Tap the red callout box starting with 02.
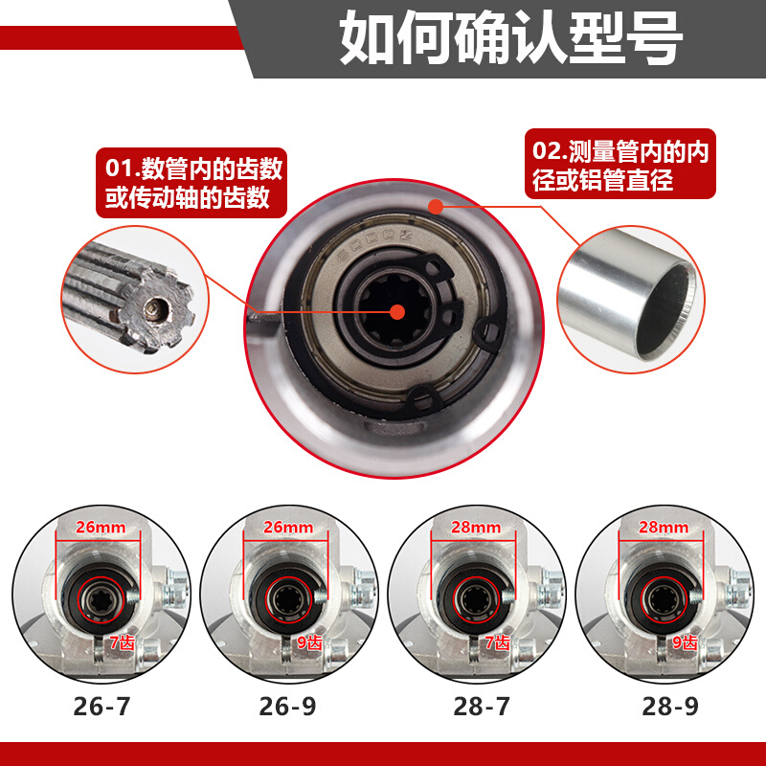(x=620, y=164)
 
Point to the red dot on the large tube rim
(x=436, y=206)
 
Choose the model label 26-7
(x=101, y=707)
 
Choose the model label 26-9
(x=288, y=707)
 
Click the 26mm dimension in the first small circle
(x=101, y=527)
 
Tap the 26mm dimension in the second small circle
(x=288, y=527)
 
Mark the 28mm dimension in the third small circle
(x=478, y=527)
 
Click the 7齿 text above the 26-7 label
(x=121, y=643)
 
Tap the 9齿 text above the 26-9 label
(x=308, y=643)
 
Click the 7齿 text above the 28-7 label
(x=497, y=643)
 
